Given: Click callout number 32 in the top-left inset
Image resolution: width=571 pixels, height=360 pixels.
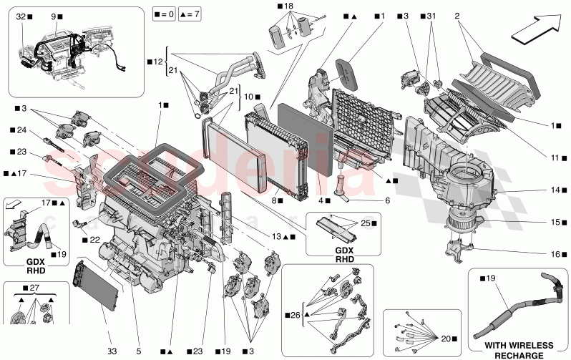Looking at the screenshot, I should (21, 15).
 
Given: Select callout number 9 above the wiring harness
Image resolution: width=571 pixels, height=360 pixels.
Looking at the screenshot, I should (55, 15).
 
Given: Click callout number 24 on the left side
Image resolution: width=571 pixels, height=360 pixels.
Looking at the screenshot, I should (21, 130).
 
